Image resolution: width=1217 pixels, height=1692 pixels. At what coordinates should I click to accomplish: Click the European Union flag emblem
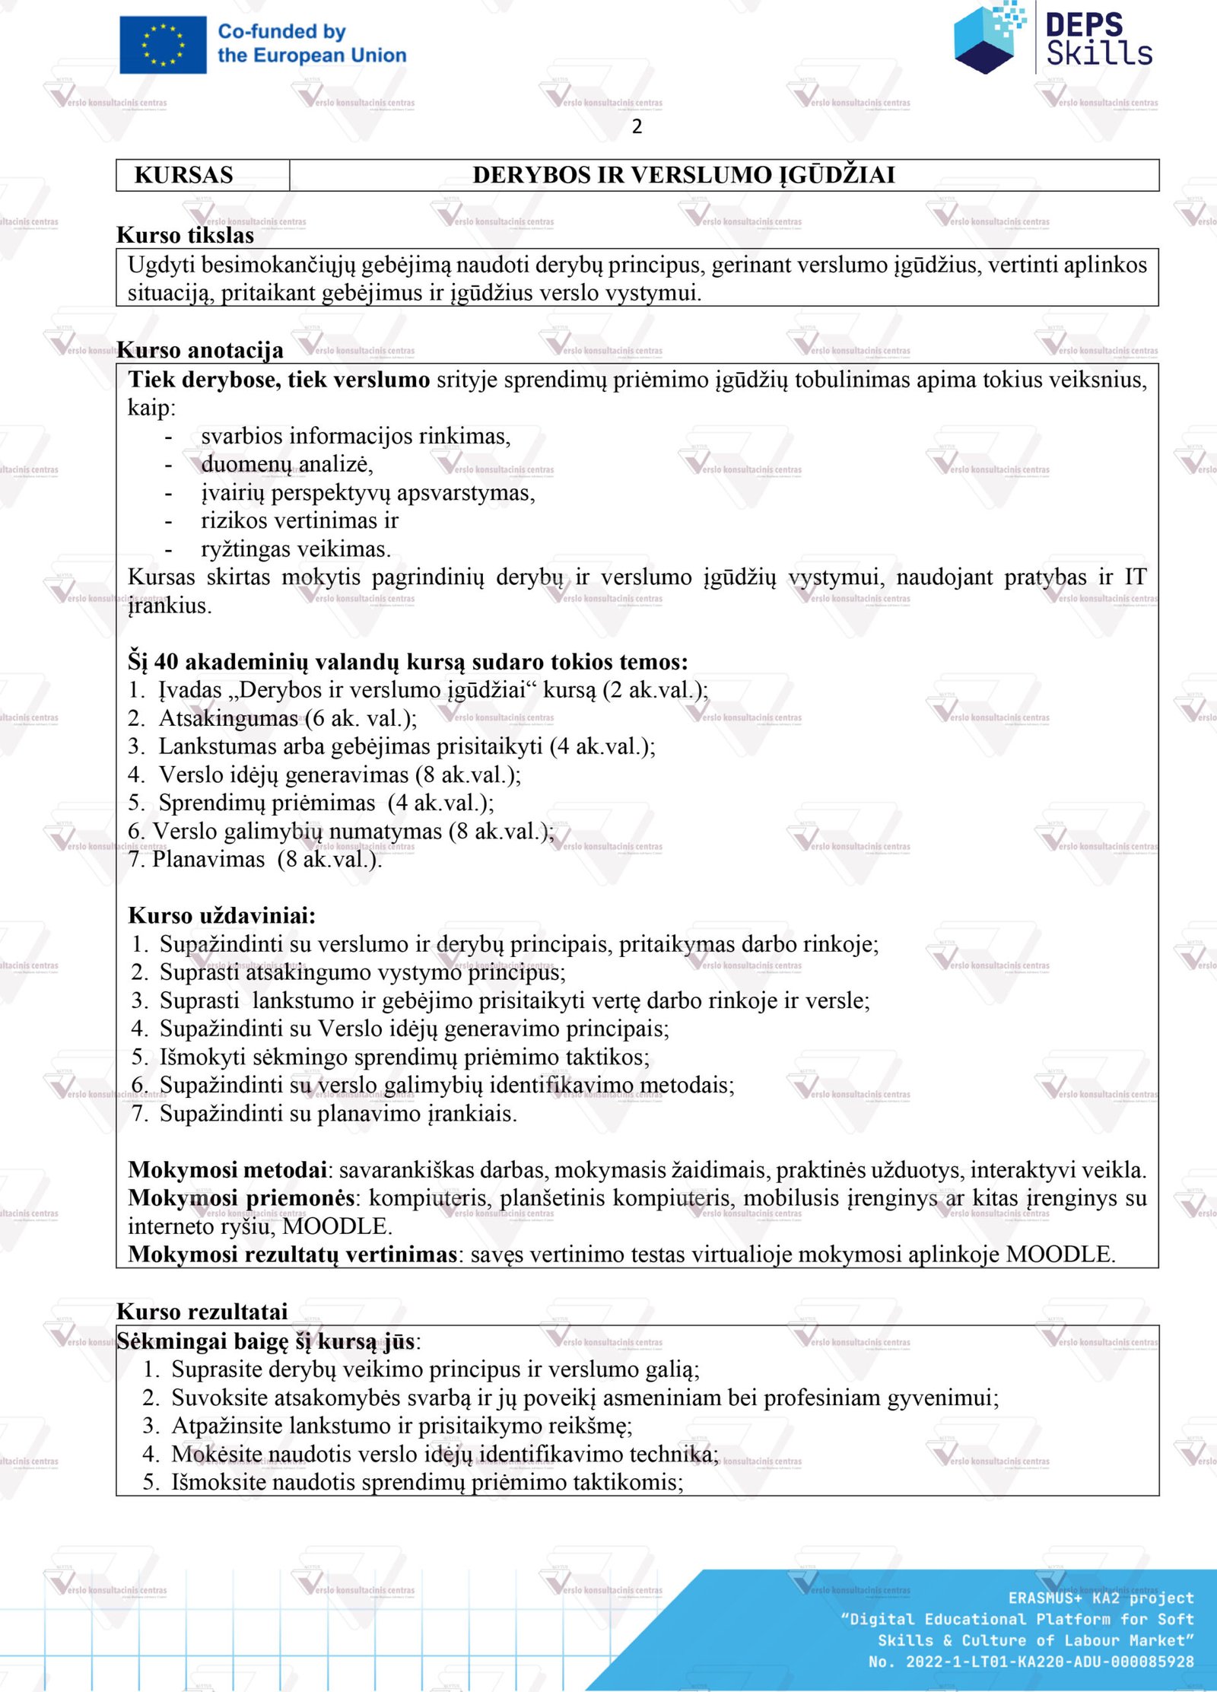pos(163,45)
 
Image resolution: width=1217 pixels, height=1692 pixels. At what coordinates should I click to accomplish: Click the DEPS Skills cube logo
pos(987,38)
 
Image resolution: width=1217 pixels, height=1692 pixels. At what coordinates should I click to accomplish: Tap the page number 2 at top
pos(637,126)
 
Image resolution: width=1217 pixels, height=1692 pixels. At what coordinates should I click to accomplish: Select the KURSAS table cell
pos(184,175)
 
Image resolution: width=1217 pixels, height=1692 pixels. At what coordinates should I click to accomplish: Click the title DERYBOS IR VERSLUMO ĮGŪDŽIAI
pos(683,175)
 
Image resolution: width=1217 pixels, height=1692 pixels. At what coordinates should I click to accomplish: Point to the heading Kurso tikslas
pos(185,235)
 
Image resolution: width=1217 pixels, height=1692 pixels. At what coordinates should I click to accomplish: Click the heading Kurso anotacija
pos(200,350)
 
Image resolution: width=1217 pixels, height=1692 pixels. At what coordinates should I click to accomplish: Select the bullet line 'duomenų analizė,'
pos(287,464)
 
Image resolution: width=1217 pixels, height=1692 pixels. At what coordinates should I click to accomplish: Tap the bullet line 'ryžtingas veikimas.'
pos(296,549)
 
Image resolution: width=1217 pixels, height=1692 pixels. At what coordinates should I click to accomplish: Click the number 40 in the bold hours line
pos(166,662)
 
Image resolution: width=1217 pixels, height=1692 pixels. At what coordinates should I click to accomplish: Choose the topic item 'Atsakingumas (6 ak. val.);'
pos(287,718)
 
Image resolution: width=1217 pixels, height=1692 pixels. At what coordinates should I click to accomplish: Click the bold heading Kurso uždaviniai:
pos(221,915)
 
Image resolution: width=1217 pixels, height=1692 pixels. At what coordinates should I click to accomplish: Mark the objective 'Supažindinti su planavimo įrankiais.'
pos(338,1114)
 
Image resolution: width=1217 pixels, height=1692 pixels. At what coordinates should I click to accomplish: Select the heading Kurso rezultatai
pos(202,1312)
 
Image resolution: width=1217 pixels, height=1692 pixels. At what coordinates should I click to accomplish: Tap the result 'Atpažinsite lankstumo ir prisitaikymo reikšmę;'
pos(402,1426)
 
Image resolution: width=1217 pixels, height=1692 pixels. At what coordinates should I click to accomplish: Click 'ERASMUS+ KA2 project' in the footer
pos(1101,1598)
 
